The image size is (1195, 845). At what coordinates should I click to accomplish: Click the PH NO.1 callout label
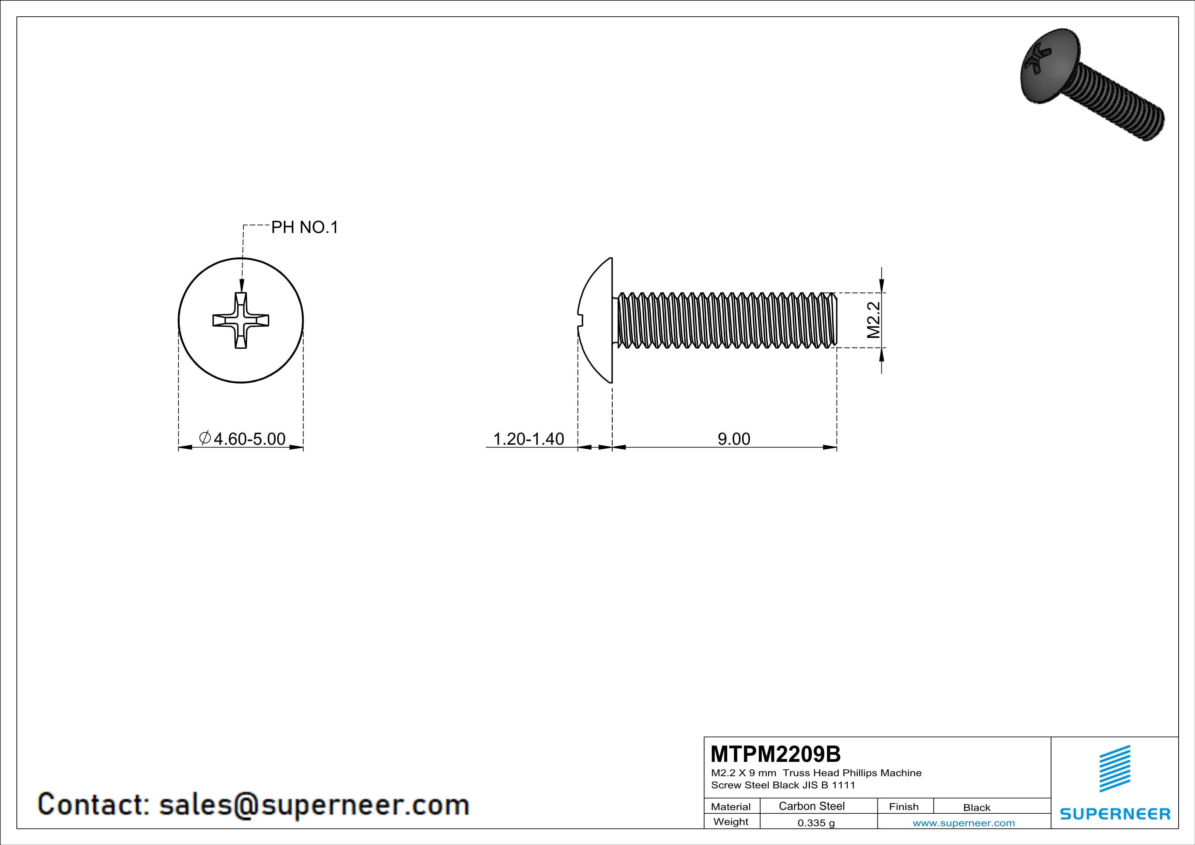click(305, 227)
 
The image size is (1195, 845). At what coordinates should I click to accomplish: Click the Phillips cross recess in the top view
click(241, 320)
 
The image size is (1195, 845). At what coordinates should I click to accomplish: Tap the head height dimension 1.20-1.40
click(528, 439)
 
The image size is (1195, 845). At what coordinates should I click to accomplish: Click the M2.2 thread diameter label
click(873, 320)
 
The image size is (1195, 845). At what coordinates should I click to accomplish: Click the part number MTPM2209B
click(775, 754)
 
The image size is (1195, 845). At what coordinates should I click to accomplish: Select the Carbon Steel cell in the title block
click(811, 806)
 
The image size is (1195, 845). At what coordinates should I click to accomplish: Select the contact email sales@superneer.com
click(314, 804)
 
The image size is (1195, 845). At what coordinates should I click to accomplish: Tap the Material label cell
click(731, 806)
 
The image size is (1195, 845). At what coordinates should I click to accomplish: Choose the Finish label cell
click(904, 806)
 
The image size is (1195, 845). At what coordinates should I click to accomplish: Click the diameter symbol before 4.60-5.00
click(205, 438)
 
